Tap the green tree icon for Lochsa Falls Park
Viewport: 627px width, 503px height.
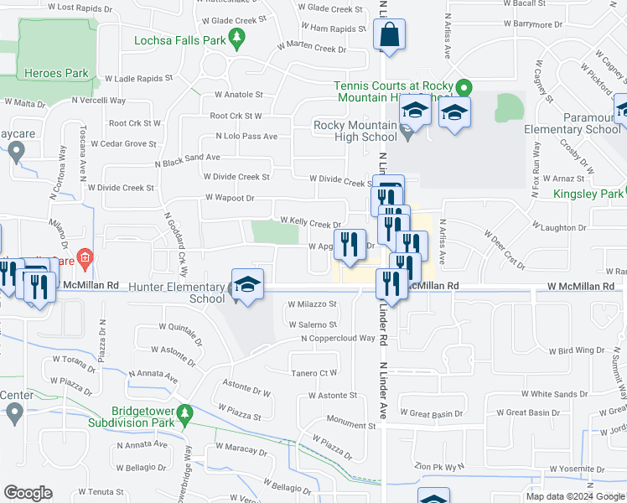(x=237, y=39)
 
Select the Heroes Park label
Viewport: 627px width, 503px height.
(x=57, y=73)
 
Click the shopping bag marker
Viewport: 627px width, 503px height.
(x=390, y=36)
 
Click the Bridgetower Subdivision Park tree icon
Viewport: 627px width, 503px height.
(x=187, y=412)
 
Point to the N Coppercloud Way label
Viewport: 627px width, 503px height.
(x=338, y=338)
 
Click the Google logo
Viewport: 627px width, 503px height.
(x=28, y=493)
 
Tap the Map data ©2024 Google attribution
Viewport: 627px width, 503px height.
(x=574, y=496)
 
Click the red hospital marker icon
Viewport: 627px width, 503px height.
(x=83, y=256)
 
